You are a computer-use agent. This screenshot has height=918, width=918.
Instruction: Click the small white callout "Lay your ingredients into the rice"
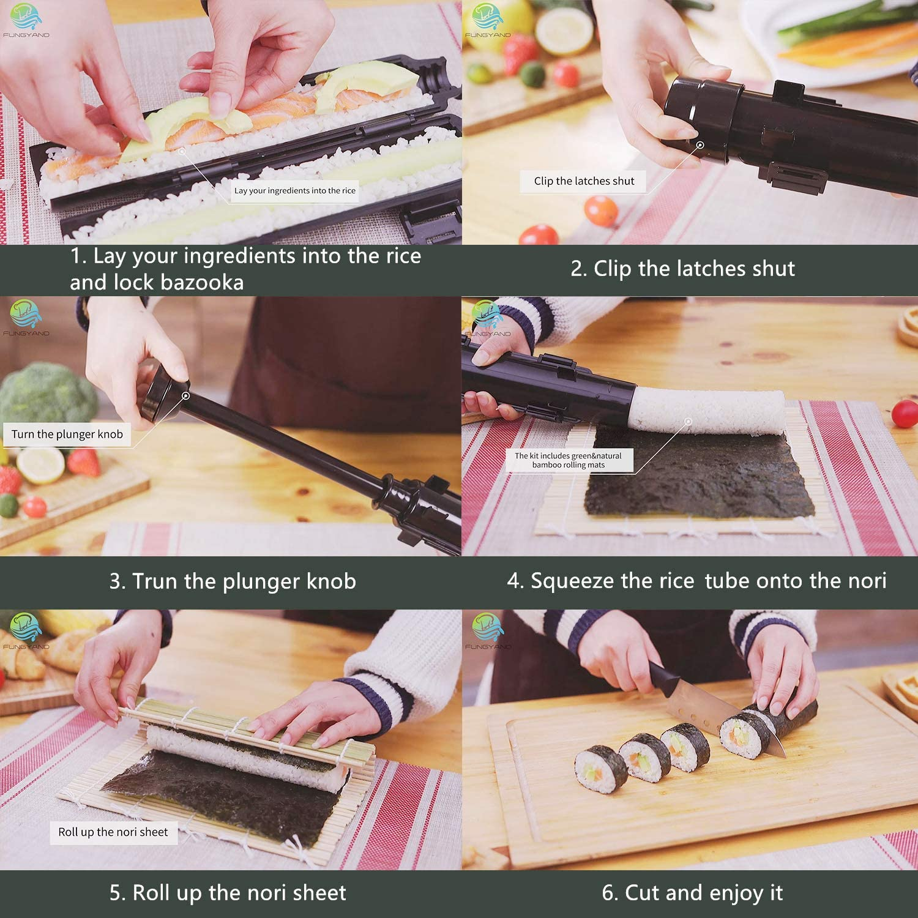click(x=294, y=190)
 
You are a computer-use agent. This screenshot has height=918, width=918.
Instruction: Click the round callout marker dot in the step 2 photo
click(x=700, y=145)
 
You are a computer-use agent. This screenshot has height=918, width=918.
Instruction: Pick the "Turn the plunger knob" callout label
click(x=67, y=435)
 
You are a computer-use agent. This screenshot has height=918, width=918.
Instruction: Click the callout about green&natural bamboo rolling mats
click(x=568, y=460)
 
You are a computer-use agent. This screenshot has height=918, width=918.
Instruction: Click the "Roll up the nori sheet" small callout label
click(x=113, y=832)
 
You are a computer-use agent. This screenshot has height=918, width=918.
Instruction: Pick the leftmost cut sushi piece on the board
click(x=600, y=769)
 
